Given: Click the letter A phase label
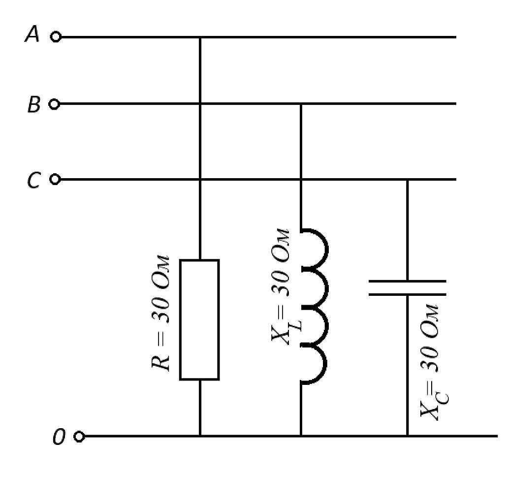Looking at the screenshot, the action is click(32, 34).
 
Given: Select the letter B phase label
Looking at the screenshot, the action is click(33, 104).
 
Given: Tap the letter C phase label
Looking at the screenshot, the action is click(33, 180).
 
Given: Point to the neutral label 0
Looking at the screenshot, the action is click(59, 437).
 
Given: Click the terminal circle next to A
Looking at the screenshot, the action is click(56, 37).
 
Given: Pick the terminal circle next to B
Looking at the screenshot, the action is click(54, 104).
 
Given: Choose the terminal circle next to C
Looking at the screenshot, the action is click(55, 179).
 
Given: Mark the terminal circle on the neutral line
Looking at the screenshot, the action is click(79, 437).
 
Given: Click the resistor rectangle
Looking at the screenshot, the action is click(199, 320).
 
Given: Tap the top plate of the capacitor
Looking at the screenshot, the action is click(408, 281).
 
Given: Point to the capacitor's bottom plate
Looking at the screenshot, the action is click(408, 294).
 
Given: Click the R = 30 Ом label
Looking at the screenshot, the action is click(160, 313).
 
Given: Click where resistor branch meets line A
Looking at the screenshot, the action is click(200, 37).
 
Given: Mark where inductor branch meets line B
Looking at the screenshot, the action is click(301, 104).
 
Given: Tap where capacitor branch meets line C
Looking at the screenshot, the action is click(408, 179).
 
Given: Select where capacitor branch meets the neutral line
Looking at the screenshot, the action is click(408, 436).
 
